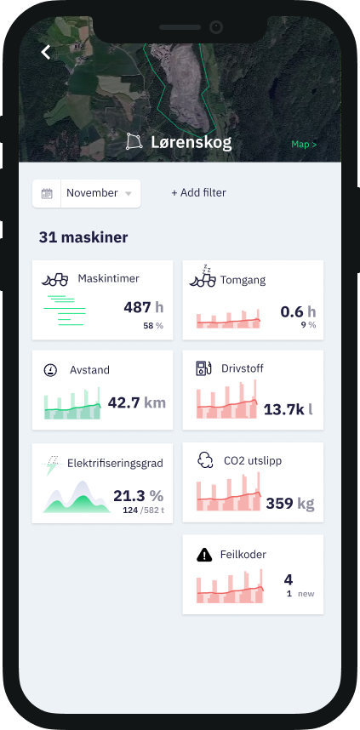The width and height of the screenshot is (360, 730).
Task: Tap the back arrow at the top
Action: [x=46, y=52]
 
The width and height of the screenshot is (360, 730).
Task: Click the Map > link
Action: [x=304, y=145]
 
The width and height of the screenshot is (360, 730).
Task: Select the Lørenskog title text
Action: [x=191, y=142]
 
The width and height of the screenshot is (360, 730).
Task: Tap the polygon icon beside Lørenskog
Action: [x=134, y=141]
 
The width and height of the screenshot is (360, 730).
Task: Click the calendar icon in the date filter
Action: [x=47, y=193]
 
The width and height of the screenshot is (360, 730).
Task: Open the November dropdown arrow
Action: [x=129, y=194]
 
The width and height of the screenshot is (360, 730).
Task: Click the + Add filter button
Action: [x=198, y=193]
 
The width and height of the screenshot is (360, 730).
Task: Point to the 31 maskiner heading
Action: [x=83, y=237]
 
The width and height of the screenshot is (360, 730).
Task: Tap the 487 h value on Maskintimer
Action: [x=143, y=308]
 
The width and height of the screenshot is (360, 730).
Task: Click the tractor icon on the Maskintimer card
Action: [x=54, y=279]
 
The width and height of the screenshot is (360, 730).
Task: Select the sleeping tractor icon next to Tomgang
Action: [x=203, y=276]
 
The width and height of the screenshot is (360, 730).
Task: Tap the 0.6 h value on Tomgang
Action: [x=298, y=312]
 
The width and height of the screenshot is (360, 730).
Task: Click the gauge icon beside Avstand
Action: [x=50, y=370]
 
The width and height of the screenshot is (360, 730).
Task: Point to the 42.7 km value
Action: [x=136, y=402]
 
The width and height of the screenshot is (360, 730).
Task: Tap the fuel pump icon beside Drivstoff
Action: [x=203, y=368]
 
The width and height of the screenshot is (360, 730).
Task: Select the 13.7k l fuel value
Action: [x=288, y=409]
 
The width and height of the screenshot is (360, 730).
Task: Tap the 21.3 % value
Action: [x=138, y=495]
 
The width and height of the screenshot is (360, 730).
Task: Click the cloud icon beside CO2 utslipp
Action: [x=204, y=460]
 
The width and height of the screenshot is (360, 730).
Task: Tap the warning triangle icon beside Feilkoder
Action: [x=204, y=555]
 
